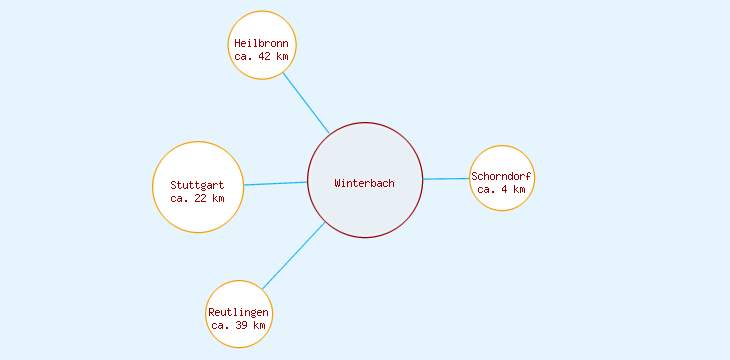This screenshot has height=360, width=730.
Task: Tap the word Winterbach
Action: click(x=365, y=183)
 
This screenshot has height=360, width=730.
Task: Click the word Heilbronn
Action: click(x=261, y=44)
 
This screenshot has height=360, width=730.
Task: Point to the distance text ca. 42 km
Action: click(x=261, y=57)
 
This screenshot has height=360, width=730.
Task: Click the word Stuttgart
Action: click(x=198, y=185)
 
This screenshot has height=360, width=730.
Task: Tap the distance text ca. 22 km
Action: click(x=198, y=198)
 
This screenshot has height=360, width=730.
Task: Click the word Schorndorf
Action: click(x=502, y=177)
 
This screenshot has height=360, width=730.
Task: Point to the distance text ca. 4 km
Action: click(x=502, y=189)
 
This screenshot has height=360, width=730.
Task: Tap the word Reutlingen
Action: click(x=239, y=313)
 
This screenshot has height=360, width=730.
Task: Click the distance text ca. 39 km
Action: click(x=239, y=326)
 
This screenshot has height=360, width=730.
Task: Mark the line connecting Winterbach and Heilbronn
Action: click(x=305, y=102)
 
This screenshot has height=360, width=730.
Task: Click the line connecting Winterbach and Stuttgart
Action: click(x=276, y=183)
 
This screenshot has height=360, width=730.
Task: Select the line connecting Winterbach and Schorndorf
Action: click(x=446, y=179)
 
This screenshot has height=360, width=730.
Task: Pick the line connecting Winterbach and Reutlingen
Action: click(x=293, y=256)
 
